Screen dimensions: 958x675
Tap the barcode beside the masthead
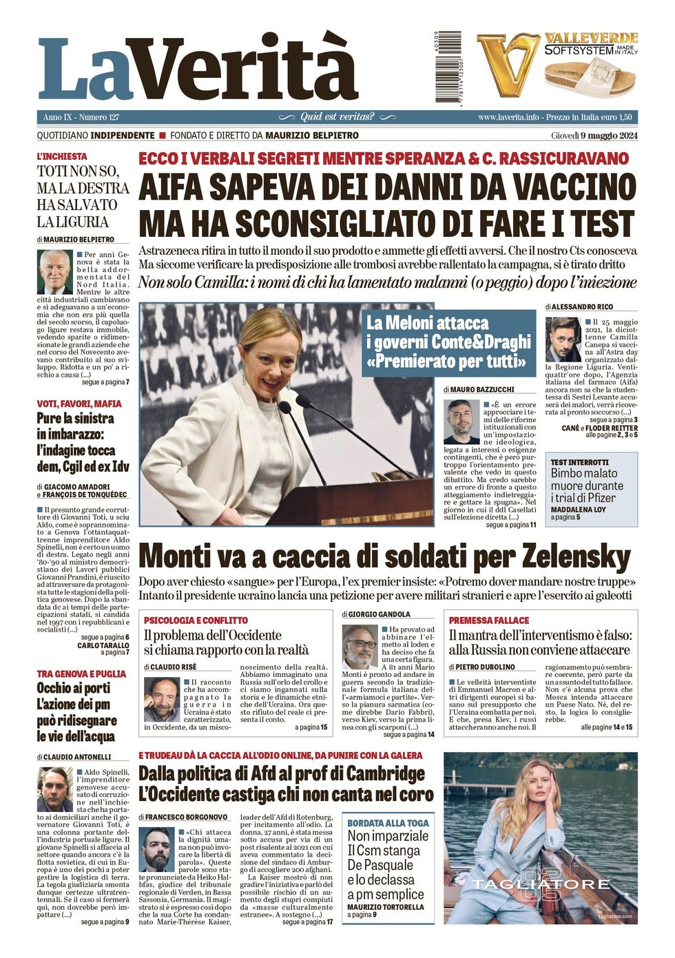[x=448, y=67]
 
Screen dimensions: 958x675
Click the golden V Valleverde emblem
[x=508, y=65]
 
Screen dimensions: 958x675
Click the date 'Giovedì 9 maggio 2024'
[x=594, y=136]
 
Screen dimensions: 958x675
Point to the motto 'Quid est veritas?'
[x=337, y=117]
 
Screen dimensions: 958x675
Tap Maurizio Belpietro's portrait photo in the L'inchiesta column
[x=55, y=273]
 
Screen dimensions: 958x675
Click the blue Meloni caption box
[x=449, y=342]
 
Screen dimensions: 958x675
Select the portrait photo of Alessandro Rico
[x=563, y=340]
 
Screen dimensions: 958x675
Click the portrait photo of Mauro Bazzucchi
[x=461, y=421]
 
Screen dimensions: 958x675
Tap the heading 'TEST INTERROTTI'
[x=579, y=462]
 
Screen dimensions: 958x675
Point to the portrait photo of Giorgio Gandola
[x=360, y=647]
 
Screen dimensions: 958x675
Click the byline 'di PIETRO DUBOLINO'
[x=482, y=667]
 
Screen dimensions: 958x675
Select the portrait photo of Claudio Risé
[x=161, y=699]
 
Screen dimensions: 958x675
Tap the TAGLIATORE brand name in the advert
[x=541, y=884]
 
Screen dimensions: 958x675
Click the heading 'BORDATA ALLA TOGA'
[x=388, y=823]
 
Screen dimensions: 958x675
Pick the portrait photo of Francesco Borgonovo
[x=156, y=849]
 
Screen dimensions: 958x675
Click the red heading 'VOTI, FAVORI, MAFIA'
[x=79, y=404]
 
